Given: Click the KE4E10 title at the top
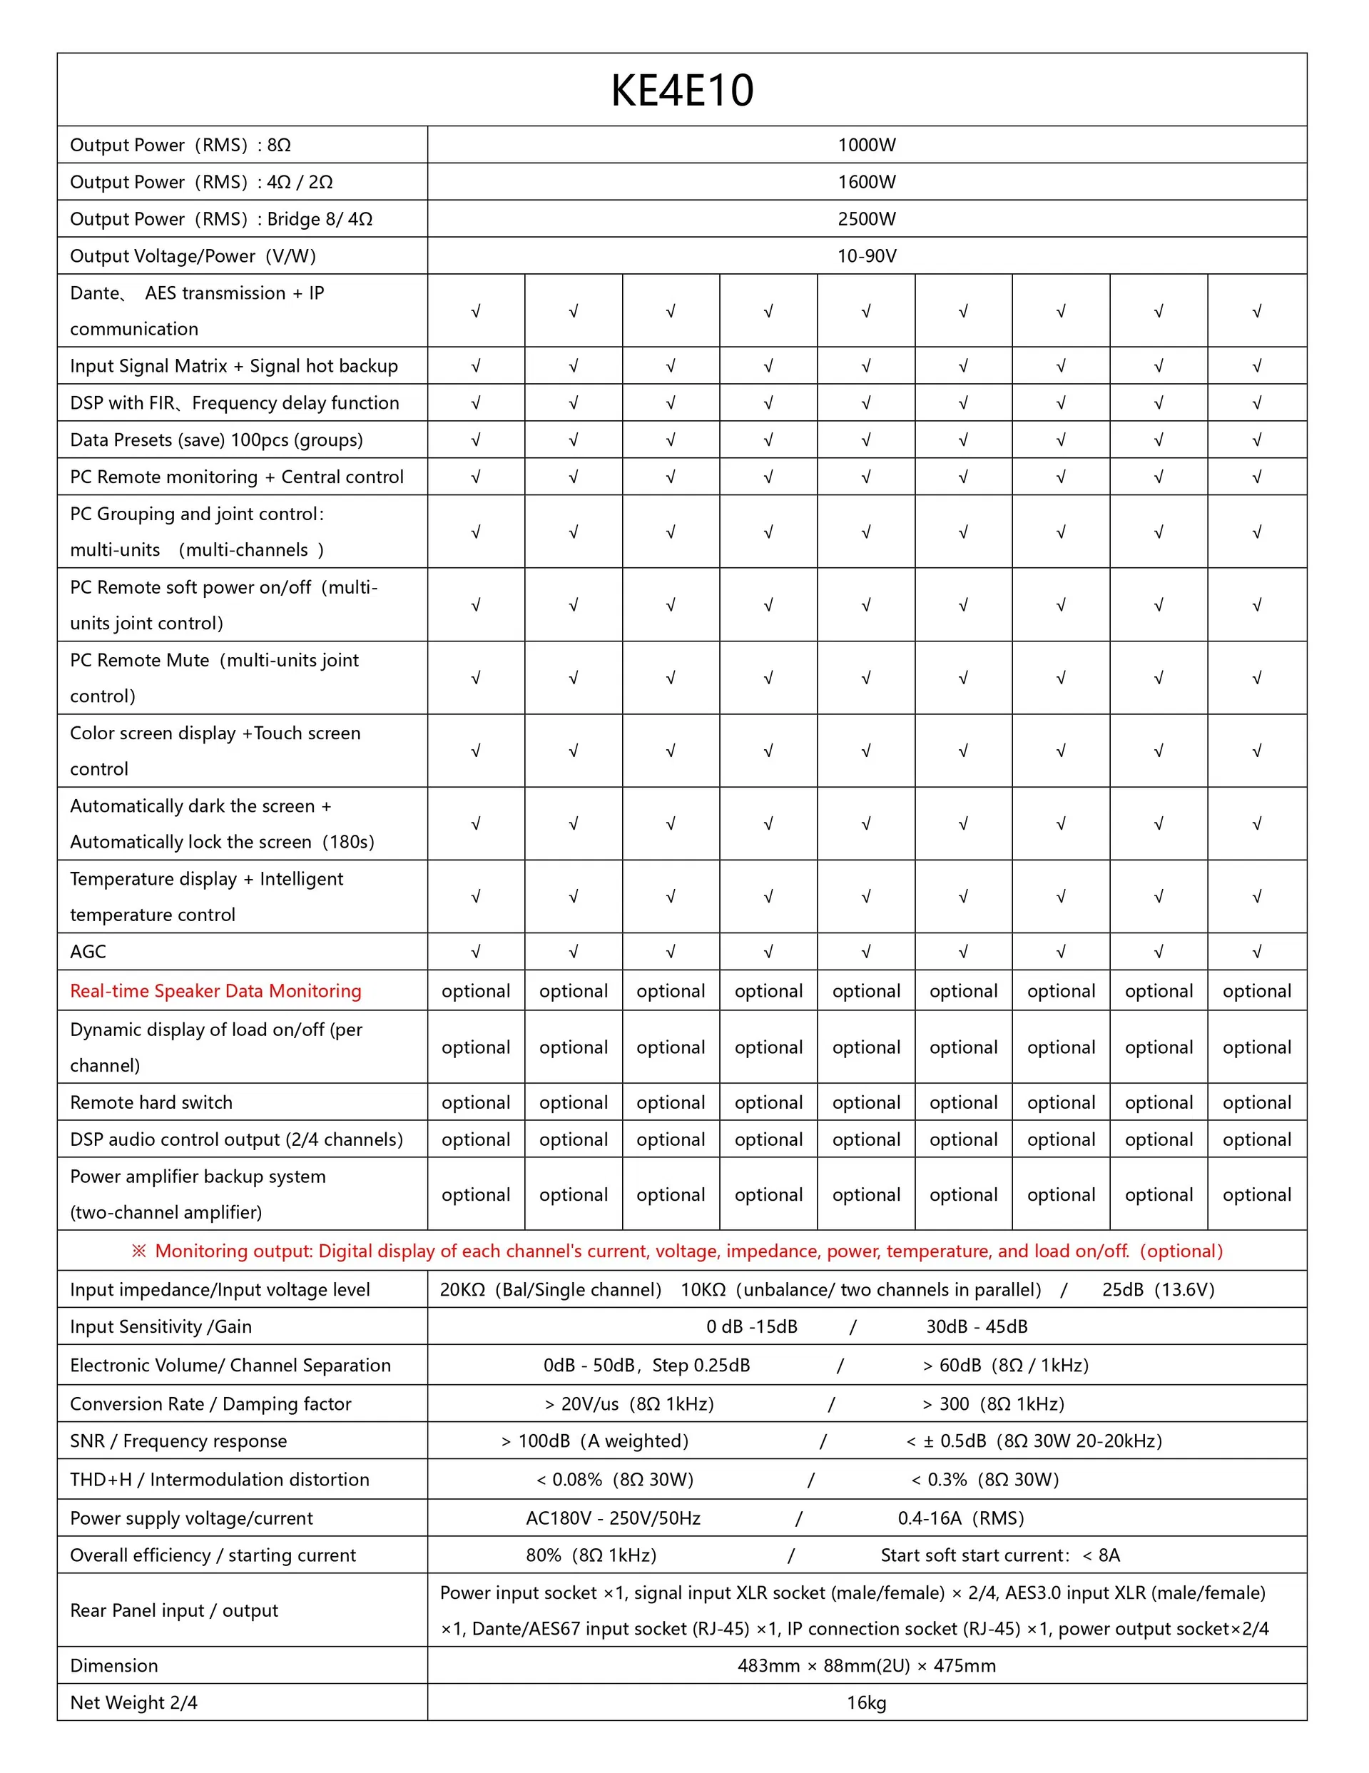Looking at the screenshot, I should pos(682,90).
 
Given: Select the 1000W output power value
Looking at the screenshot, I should pos(866,146).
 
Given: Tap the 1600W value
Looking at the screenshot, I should pos(866,182).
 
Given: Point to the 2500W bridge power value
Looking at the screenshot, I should pos(866,219).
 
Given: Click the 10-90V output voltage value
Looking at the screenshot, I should pos(866,257).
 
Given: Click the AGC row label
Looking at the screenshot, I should pos(88,952).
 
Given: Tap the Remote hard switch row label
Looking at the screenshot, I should pos(151,1102).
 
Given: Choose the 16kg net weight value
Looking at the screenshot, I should pos(866,1702).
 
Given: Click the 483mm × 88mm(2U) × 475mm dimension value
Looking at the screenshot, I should pos(866,1666).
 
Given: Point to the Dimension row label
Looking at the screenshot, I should pos(113,1666).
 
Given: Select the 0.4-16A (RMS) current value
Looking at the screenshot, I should pos(961,1518).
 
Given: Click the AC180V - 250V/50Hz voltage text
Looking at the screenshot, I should pos(613,1518).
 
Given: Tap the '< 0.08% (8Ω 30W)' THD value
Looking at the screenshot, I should pos(614,1479).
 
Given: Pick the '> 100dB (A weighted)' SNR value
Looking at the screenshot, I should pos(594,1441).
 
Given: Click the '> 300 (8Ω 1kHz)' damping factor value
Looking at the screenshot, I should pos(993,1403).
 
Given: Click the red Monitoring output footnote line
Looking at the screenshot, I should pos(677,1251).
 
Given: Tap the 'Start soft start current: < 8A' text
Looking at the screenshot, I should pos(999,1555).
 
